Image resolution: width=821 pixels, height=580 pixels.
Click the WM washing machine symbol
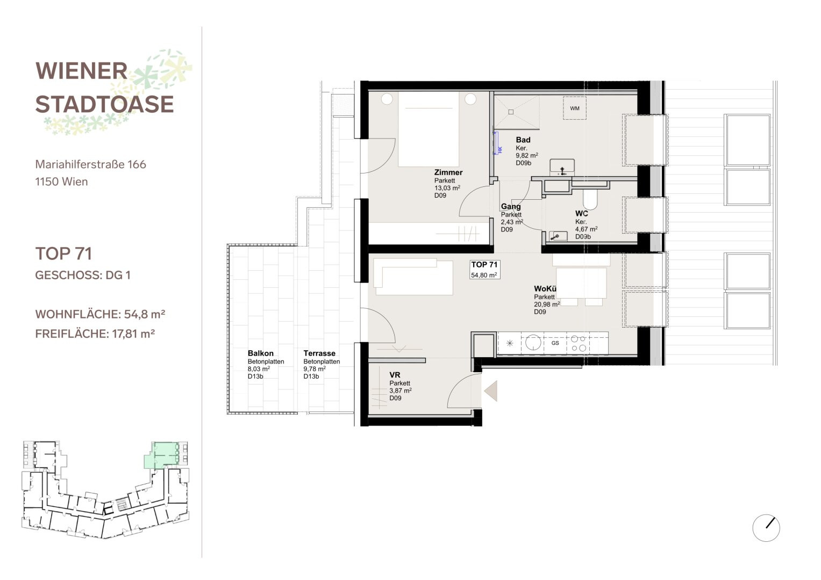[x=575, y=107]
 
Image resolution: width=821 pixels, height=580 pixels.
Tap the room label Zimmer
[x=448, y=172]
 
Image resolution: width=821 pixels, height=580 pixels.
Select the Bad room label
[x=523, y=140]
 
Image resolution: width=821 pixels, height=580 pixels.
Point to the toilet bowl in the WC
[x=590, y=199]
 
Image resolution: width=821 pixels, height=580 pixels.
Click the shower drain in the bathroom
[x=511, y=112]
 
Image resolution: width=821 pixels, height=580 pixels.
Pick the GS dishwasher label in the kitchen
[x=555, y=343]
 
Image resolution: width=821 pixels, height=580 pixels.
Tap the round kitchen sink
[x=533, y=343]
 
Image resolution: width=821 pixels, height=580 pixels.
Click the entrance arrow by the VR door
[x=491, y=391]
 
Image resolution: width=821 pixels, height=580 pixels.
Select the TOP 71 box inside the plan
[x=484, y=269]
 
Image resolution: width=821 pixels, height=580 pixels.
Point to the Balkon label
[x=261, y=353]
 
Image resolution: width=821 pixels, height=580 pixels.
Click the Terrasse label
[x=319, y=353]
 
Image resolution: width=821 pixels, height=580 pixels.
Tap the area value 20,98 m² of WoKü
[x=547, y=305]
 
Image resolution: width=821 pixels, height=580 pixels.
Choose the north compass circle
[x=766, y=527]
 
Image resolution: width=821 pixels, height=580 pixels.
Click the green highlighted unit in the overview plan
[x=163, y=455]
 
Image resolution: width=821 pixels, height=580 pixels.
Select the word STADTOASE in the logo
[x=104, y=104]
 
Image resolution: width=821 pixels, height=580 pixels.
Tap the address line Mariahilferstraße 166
[x=90, y=164]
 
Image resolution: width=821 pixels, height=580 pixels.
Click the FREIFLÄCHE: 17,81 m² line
[x=95, y=334]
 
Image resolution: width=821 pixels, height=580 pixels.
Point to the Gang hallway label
[x=511, y=206]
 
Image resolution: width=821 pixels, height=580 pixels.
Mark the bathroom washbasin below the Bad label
[x=562, y=168]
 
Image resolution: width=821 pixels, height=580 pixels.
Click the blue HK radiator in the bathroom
[x=497, y=143]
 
